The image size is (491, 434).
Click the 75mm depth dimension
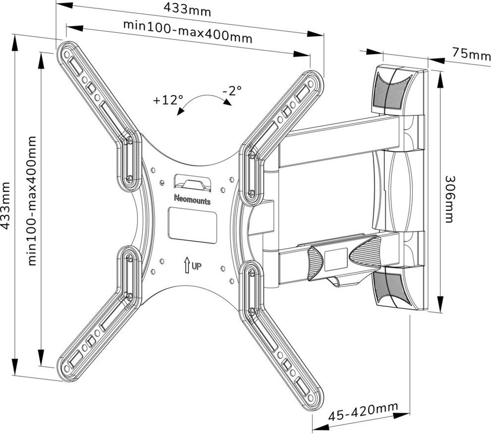click(471, 53)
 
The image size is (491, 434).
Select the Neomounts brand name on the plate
click(192, 200)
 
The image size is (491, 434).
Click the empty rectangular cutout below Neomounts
click(191, 223)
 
